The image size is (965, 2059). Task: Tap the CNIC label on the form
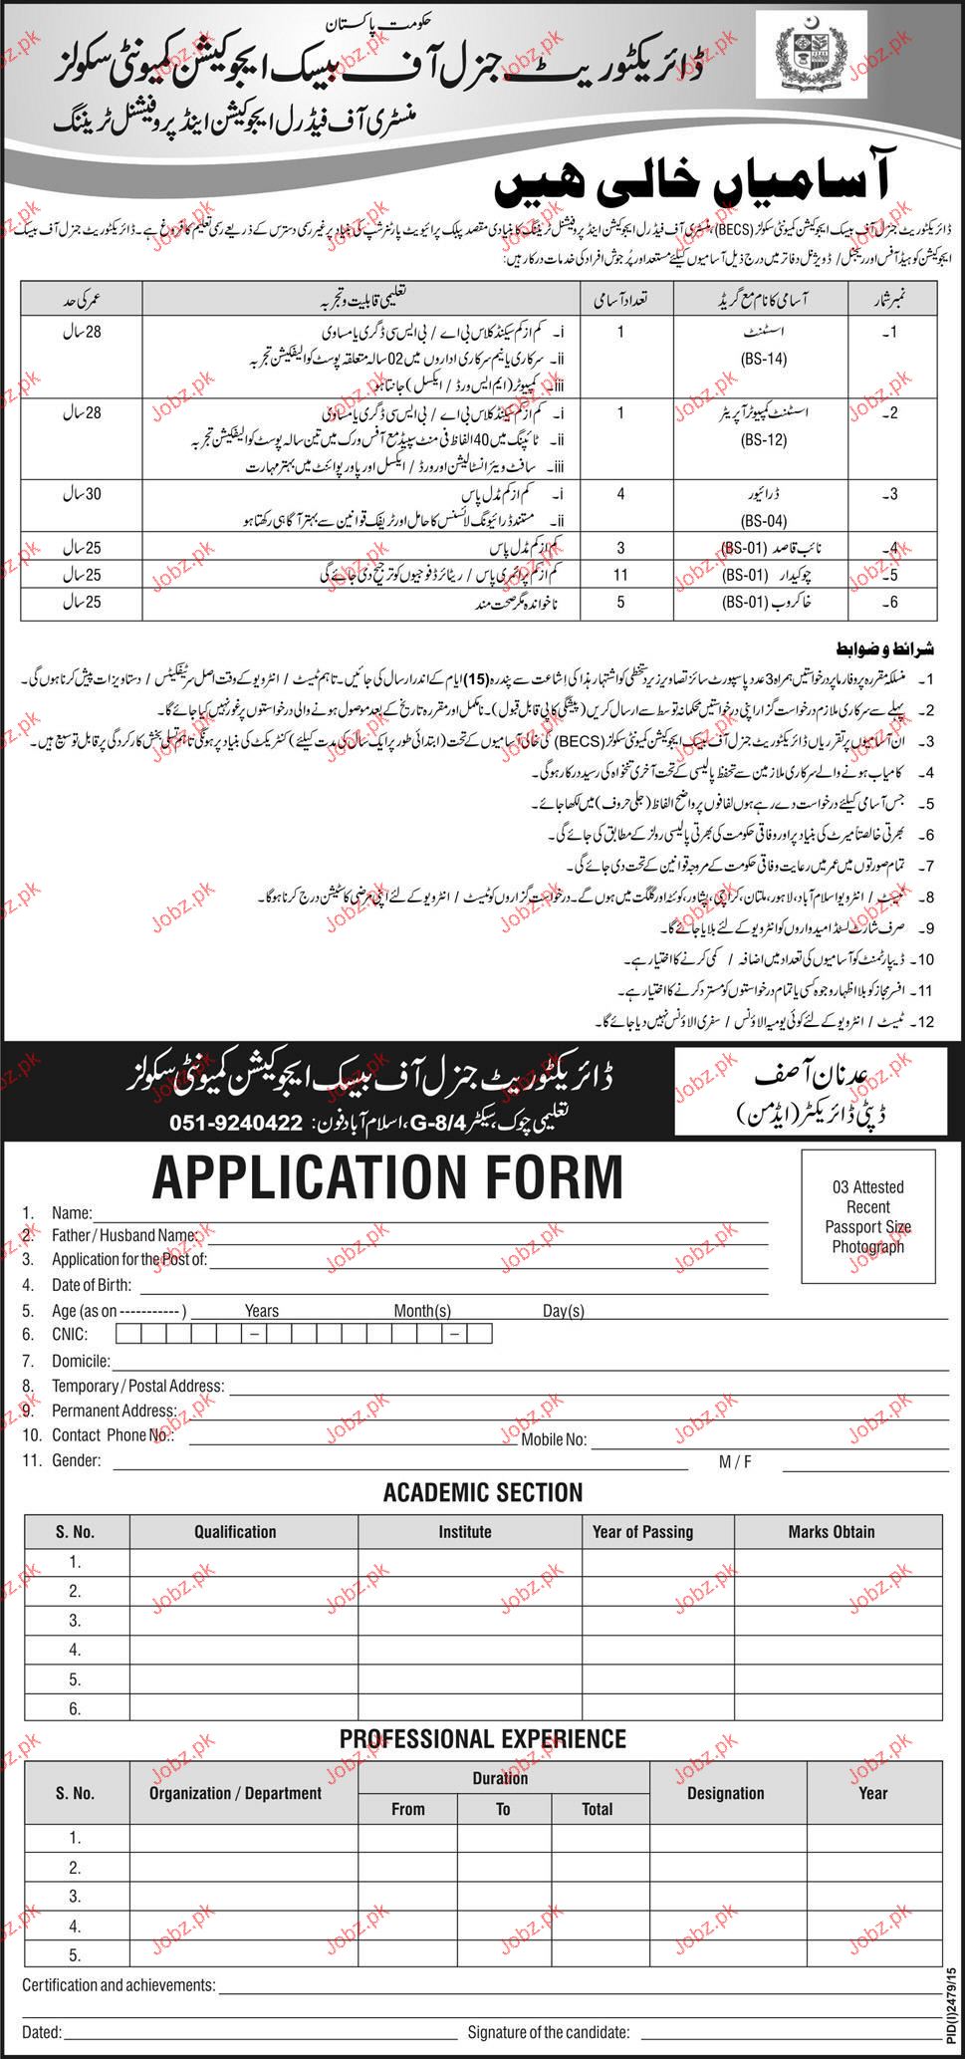pos(69,1334)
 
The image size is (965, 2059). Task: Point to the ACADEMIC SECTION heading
pos(483,1492)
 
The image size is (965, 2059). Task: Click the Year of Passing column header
pos(642,1531)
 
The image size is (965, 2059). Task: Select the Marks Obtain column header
pos(831,1531)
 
